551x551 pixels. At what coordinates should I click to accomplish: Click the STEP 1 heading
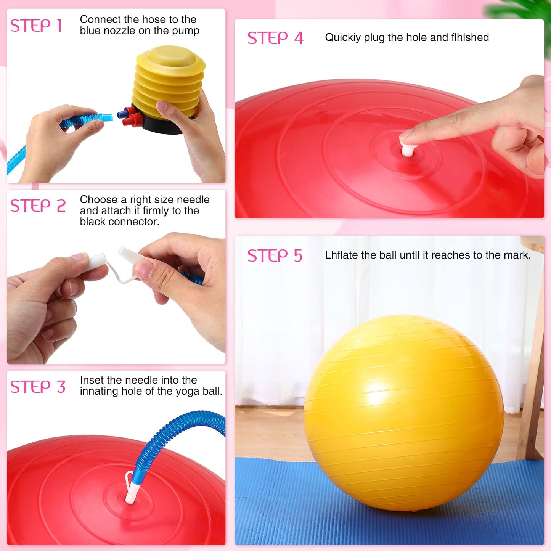[36, 26]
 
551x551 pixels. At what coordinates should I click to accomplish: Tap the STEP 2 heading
[38, 206]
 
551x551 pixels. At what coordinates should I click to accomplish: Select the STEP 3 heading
[38, 387]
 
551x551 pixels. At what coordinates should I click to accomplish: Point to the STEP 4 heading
[275, 38]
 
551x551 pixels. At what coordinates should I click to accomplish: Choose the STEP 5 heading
[275, 255]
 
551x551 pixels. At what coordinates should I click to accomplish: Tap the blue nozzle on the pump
[122, 114]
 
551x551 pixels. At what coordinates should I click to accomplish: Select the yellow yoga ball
[403, 412]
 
